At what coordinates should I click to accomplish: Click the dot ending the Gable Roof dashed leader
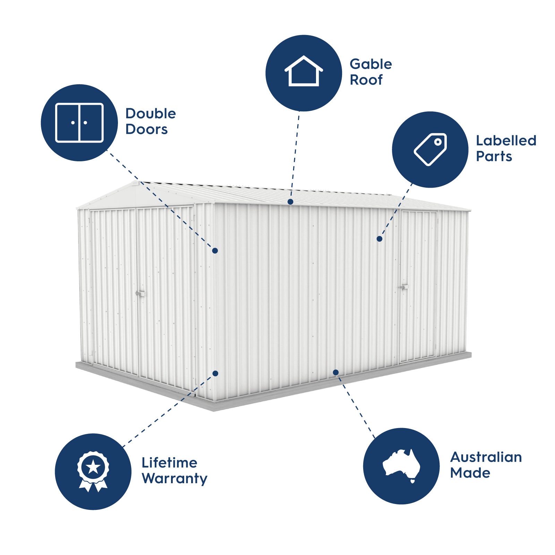click(290, 202)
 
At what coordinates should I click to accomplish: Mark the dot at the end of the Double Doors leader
click(215, 250)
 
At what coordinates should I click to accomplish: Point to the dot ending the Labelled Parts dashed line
click(379, 239)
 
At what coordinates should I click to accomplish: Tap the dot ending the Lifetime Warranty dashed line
click(215, 373)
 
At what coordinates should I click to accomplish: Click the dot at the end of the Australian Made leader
click(336, 372)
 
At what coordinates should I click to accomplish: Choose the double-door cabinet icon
click(79, 123)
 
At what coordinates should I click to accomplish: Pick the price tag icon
click(430, 150)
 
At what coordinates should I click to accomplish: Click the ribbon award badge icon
click(93, 471)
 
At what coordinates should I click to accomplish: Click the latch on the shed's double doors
click(140, 294)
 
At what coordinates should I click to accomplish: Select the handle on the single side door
click(404, 287)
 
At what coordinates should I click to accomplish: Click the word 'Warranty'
click(174, 478)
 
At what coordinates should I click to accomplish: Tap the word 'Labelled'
click(506, 140)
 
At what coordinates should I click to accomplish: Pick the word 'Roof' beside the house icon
click(366, 80)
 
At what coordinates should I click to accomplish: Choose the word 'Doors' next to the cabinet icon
click(147, 129)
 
